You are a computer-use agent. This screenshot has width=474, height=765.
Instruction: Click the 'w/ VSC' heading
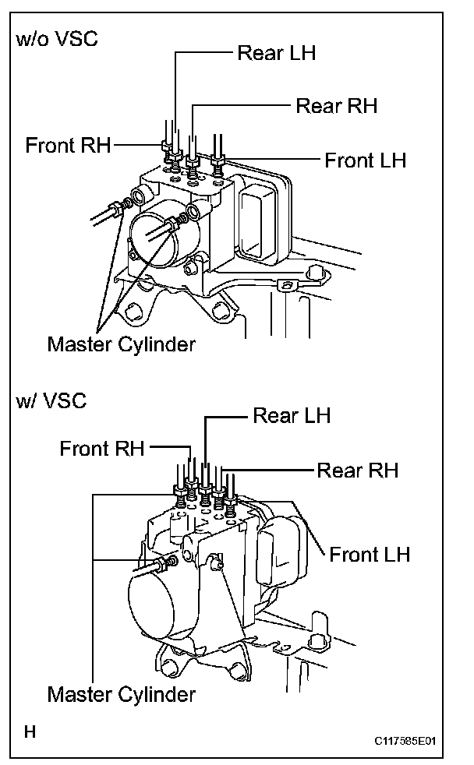click(51, 401)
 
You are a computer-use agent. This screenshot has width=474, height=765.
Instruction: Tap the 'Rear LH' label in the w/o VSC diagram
click(277, 53)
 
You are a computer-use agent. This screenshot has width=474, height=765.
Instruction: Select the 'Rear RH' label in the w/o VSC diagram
click(336, 106)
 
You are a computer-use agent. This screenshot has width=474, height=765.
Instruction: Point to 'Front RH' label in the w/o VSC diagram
click(68, 145)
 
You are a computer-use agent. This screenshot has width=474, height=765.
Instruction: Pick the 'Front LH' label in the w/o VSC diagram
click(366, 161)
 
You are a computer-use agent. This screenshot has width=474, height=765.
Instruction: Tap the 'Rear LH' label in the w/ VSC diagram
click(292, 416)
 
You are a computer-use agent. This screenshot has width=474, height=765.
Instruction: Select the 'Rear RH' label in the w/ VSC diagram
click(357, 470)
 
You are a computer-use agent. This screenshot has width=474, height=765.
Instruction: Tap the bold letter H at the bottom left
click(30, 732)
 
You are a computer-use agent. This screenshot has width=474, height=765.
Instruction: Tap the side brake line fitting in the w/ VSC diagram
click(165, 562)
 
